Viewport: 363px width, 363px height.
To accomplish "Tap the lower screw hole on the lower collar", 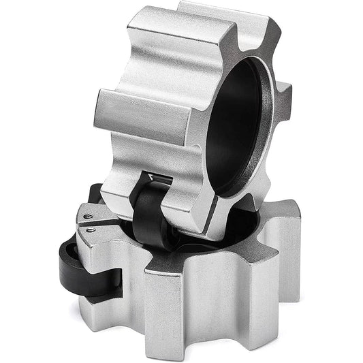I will click(x=93, y=232).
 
